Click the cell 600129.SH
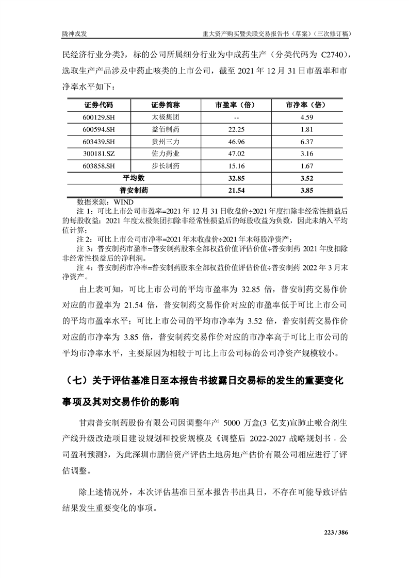pyautogui.click(x=99, y=117)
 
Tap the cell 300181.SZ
pyautogui.click(x=99, y=154)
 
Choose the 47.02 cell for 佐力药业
pyautogui.click(x=236, y=154)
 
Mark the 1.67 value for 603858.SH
pyautogui.click(x=307, y=166)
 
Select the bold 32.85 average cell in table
pyautogui.click(x=236, y=178)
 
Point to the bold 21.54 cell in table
pyautogui.click(x=236, y=190)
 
